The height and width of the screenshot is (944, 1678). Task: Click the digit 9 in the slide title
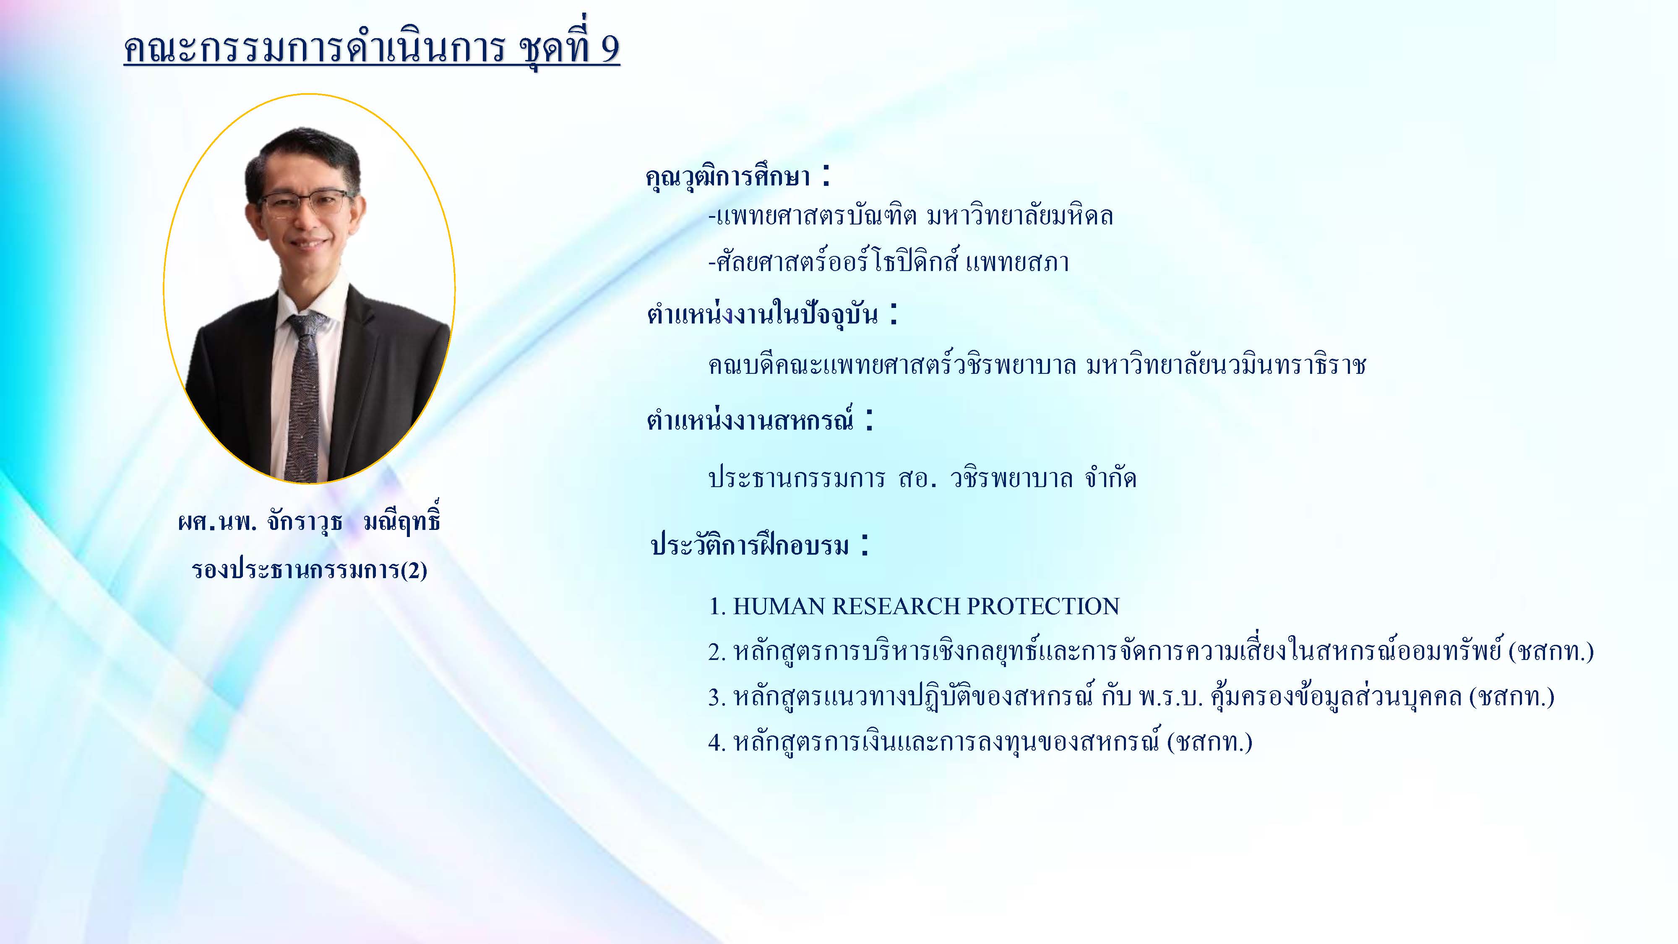[608, 48]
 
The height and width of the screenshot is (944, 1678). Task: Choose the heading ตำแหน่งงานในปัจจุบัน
[762, 314]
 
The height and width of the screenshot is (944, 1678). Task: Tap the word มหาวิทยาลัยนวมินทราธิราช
[1226, 365]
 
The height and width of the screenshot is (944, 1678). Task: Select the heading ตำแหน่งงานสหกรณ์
[750, 420]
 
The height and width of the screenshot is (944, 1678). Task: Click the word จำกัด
[1111, 479]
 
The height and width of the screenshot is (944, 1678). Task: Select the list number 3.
[717, 698]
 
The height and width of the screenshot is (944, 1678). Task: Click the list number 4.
[717, 743]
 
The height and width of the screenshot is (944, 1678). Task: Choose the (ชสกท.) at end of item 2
[1551, 652]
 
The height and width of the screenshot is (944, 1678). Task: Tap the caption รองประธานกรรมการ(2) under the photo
[310, 570]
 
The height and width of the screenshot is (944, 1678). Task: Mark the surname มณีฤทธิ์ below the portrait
[402, 521]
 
